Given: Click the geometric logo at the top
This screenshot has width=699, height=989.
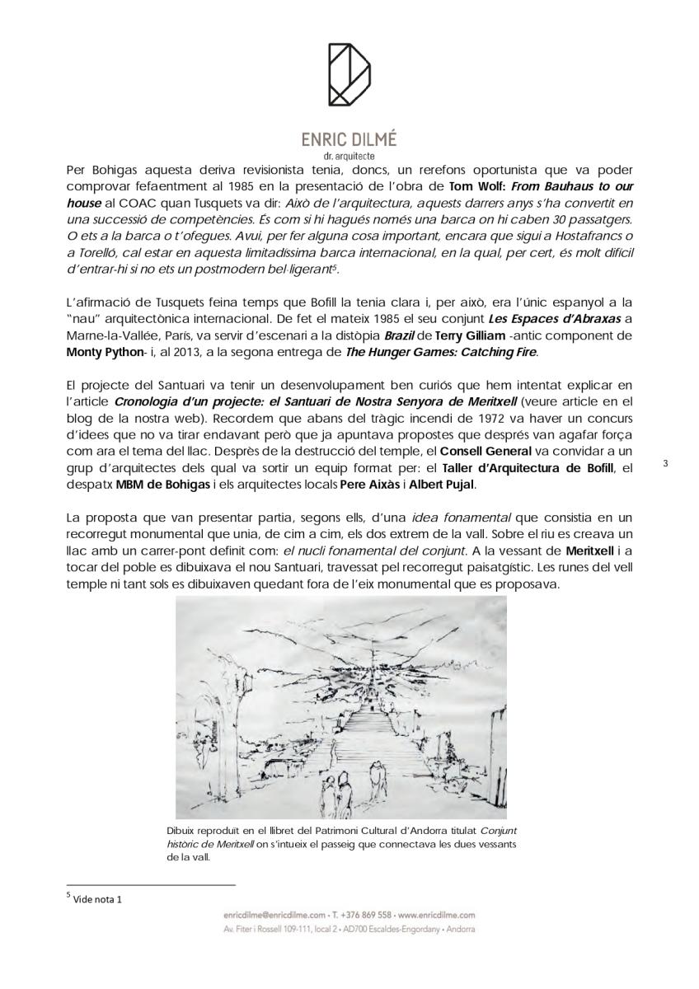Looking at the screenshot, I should click(x=349, y=75).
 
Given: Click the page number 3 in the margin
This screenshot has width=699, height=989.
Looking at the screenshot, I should click(x=665, y=464).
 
